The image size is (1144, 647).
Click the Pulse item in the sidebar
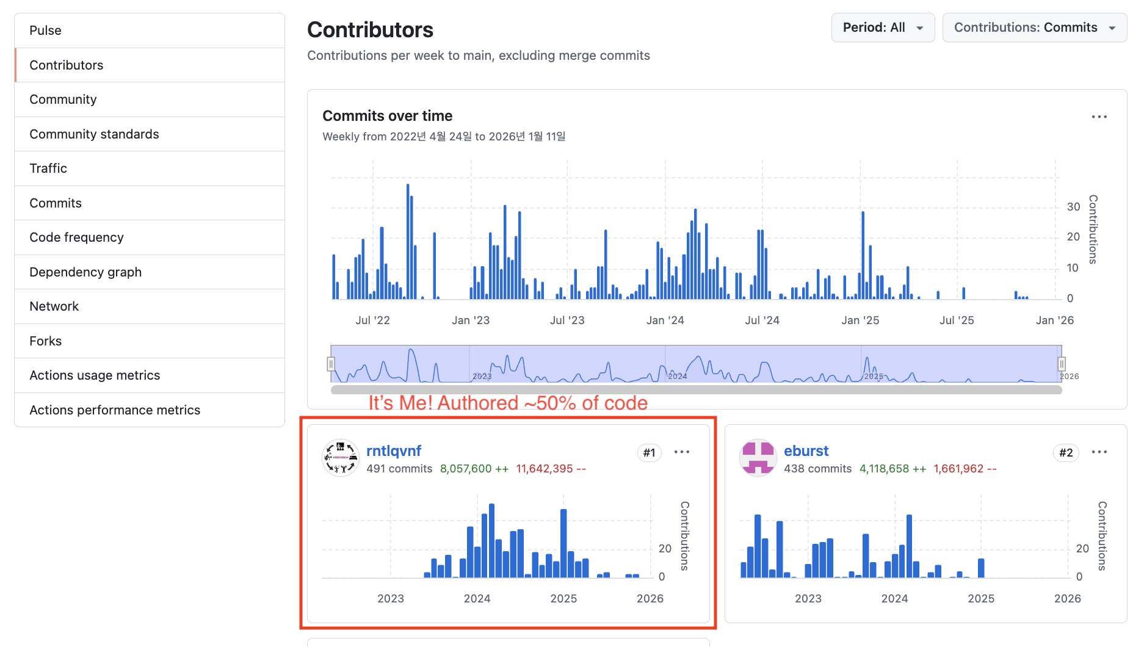click(45, 31)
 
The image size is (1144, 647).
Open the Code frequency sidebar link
click(76, 237)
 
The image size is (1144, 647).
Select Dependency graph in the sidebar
click(85, 272)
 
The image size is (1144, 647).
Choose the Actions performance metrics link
click(115, 410)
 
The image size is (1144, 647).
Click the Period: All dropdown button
click(882, 27)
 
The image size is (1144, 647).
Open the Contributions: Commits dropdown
click(1034, 27)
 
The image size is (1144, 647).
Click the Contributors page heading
click(370, 30)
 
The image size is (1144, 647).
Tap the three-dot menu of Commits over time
click(1099, 117)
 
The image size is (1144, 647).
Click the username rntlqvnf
click(394, 450)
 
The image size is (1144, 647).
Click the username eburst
click(806, 450)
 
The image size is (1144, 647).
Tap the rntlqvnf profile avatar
click(341, 458)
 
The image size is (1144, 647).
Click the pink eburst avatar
click(758, 458)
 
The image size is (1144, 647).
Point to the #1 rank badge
click(649, 452)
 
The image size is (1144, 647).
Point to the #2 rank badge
click(1066, 452)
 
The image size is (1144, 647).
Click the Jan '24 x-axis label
click(665, 320)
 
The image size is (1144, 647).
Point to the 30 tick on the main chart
click(1073, 207)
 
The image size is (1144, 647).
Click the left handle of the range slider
click(331, 364)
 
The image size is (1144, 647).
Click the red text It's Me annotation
click(507, 403)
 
